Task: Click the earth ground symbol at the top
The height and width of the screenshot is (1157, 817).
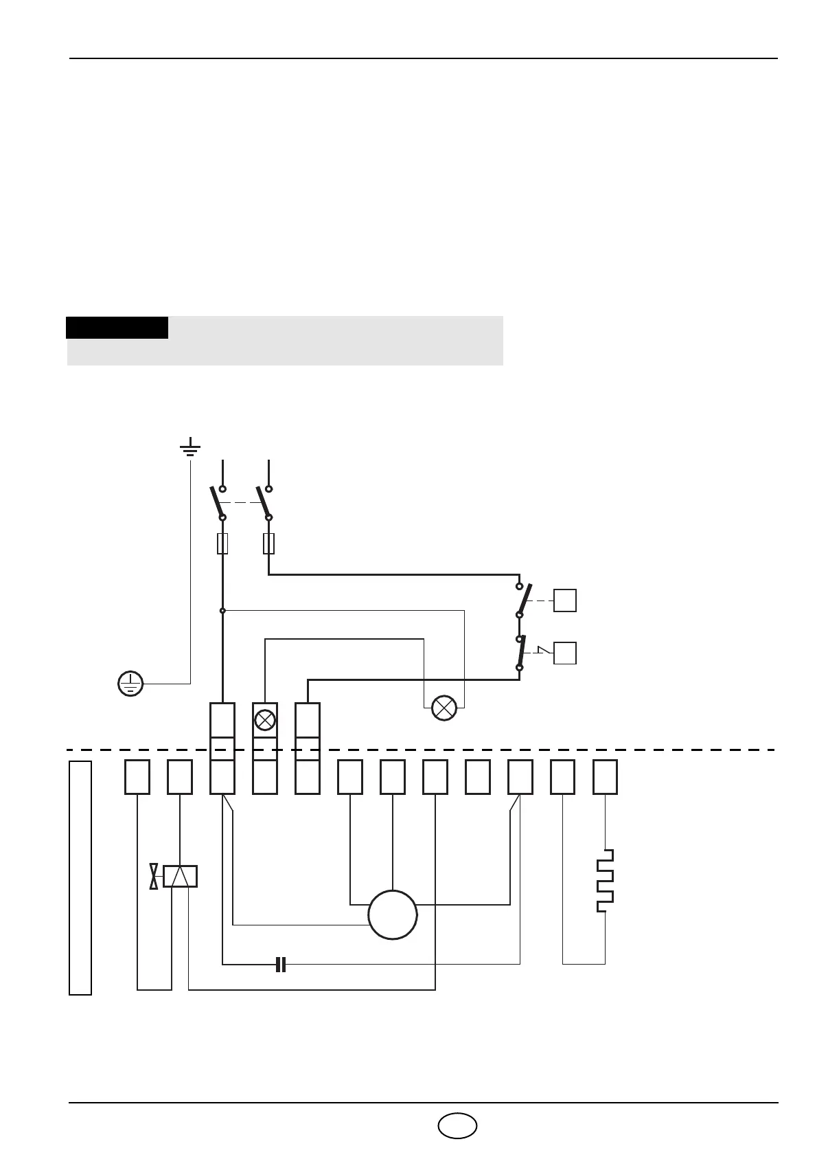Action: click(x=190, y=449)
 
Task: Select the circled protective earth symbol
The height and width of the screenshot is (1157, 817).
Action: click(x=130, y=684)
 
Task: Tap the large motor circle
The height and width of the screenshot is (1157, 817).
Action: click(x=393, y=914)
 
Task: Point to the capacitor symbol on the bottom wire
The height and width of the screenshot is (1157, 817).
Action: click(x=280, y=964)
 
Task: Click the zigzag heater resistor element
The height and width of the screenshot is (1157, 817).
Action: click(x=605, y=881)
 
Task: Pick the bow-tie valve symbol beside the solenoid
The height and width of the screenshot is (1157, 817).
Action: click(x=154, y=877)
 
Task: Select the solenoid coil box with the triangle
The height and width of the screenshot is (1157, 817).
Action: click(x=180, y=877)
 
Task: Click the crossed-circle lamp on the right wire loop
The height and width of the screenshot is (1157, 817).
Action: click(x=444, y=708)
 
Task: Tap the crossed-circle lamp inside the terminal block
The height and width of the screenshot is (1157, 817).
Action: click(x=265, y=719)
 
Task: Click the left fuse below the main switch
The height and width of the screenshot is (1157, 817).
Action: click(x=222, y=543)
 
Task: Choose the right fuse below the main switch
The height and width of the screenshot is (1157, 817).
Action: click(x=269, y=543)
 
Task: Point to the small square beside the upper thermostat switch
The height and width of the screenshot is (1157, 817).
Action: click(x=565, y=600)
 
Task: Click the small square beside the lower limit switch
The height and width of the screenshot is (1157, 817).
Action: click(x=565, y=653)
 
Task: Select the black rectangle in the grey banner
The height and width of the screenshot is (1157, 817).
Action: click(x=117, y=328)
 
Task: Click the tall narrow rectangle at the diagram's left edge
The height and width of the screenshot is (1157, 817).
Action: click(x=80, y=877)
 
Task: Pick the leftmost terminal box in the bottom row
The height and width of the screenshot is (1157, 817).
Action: click(x=137, y=777)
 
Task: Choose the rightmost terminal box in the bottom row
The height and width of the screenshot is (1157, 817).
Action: click(x=605, y=777)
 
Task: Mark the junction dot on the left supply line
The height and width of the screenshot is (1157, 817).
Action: click(x=222, y=610)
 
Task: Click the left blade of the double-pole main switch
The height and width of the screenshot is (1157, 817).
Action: click(x=217, y=502)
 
